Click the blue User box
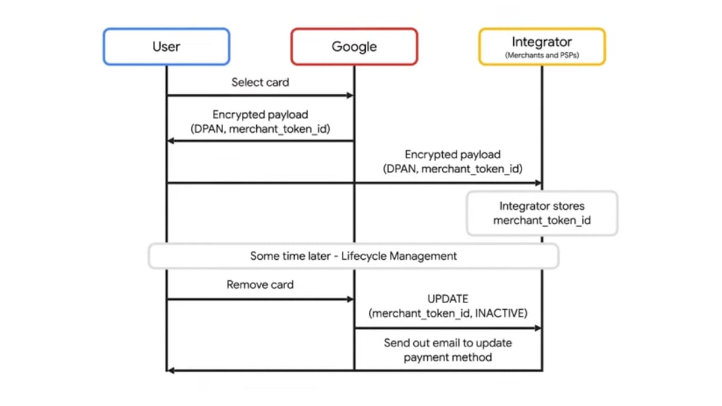tap(166, 46)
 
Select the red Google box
tap(354, 46)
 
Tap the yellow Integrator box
tap(541, 46)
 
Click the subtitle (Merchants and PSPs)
tap(541, 55)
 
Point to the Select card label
tap(260, 82)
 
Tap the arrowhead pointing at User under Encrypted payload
tap(171, 141)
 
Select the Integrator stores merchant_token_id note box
tap(541, 213)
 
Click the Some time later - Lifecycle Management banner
tap(353, 256)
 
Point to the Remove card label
tap(260, 285)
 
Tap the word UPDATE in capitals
tap(448, 298)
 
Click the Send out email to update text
tap(448, 343)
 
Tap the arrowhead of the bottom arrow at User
tap(171, 371)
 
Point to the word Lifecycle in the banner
tap(363, 256)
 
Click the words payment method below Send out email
tap(448, 357)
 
